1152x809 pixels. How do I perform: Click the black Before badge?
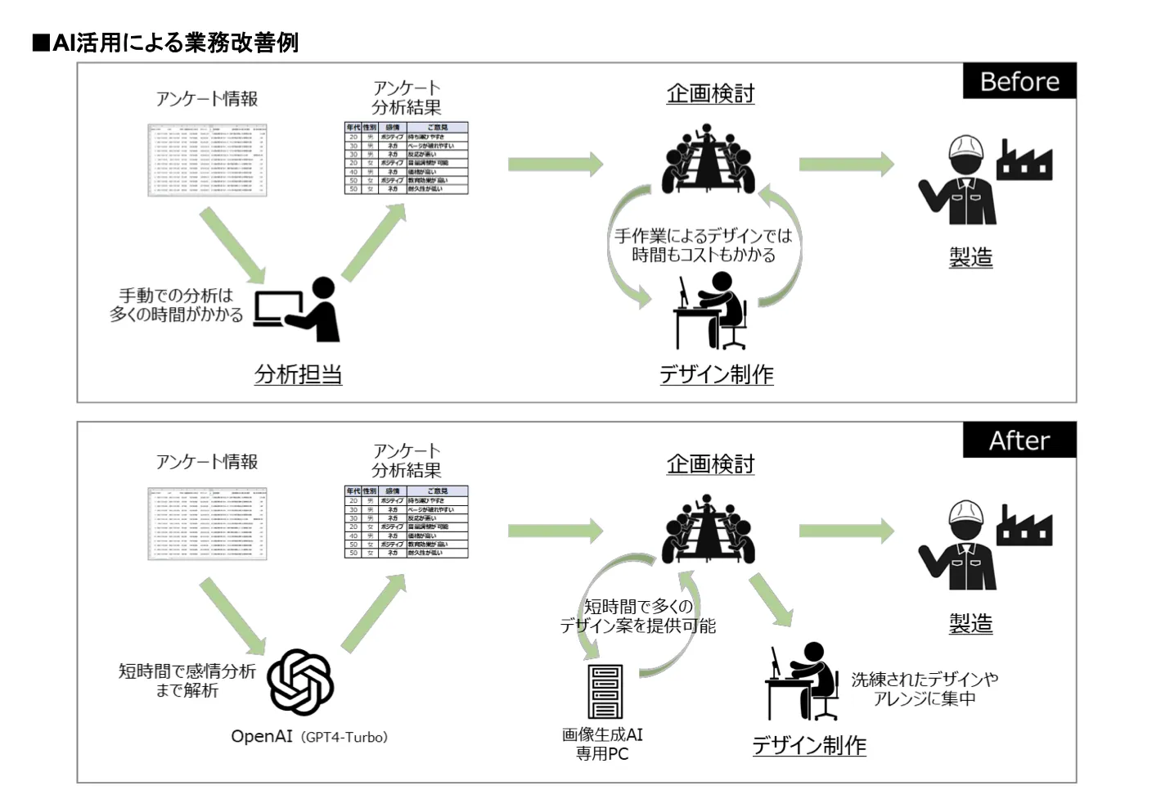1019,81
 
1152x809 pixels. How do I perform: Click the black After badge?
1019,441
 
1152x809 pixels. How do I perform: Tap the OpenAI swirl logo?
300,682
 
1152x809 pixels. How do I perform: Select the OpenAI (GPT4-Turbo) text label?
309,737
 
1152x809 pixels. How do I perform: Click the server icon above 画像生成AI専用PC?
605,692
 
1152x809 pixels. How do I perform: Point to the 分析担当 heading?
298,375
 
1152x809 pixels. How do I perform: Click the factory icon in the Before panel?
1024,160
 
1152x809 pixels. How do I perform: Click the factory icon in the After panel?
1024,527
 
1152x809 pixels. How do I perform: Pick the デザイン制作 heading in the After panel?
808,745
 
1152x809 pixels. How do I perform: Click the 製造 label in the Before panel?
970,257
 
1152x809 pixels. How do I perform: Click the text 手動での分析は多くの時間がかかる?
177,305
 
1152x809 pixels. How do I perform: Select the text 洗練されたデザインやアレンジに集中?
924,689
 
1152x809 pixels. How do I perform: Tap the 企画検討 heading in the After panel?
709,464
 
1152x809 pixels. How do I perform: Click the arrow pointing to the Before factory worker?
846,164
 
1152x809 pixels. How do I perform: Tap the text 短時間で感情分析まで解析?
187,680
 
